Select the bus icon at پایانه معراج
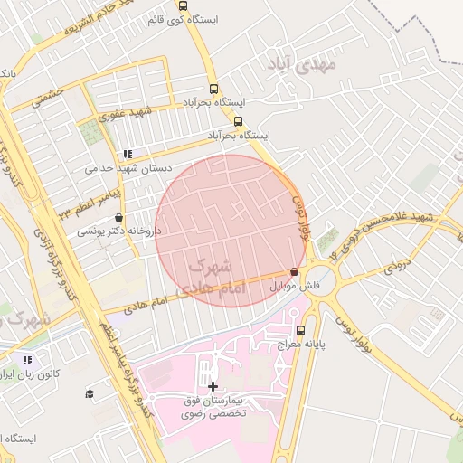tap(300, 330)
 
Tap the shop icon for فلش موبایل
tap(294, 271)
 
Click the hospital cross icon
tap(213, 385)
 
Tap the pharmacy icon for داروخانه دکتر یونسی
tap(119, 218)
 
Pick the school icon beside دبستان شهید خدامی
tap(128, 154)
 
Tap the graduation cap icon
tap(90, 393)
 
